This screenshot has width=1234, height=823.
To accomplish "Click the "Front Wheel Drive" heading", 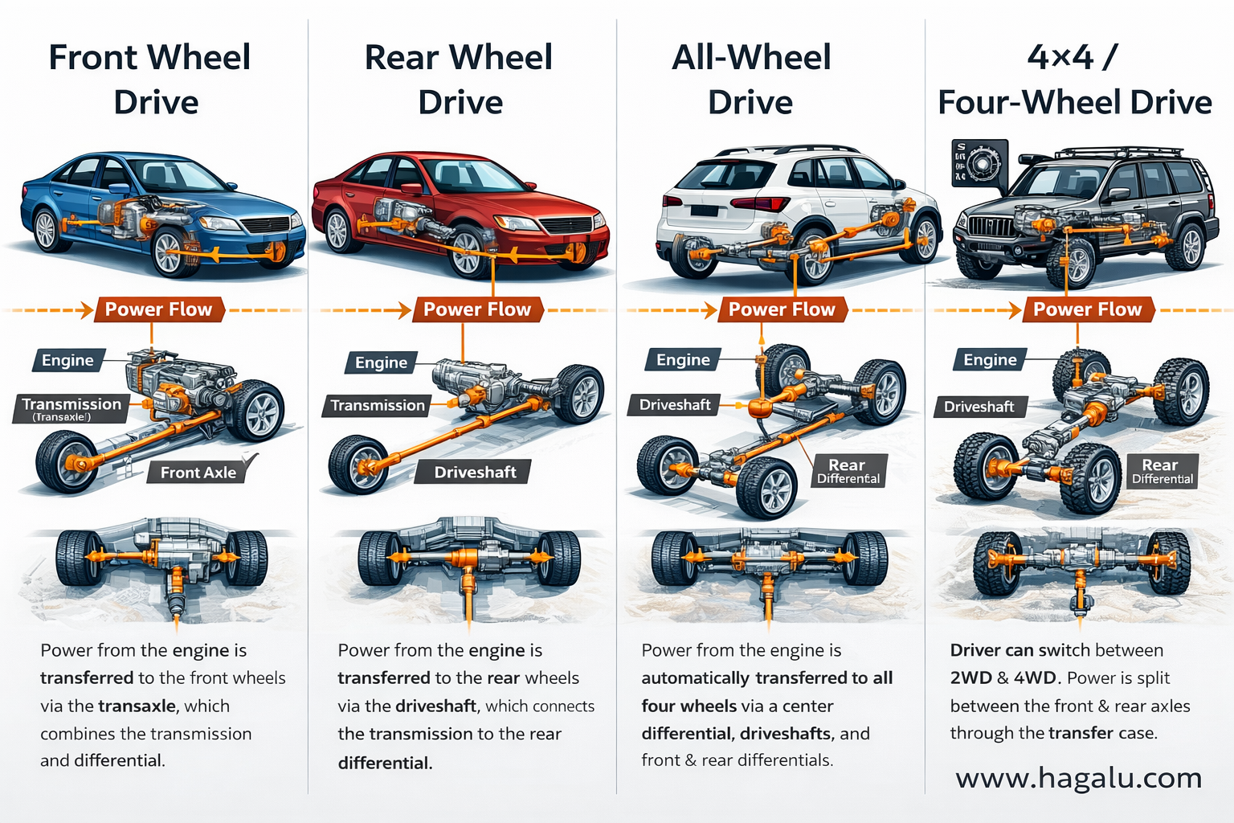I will pyautogui.click(x=150, y=80).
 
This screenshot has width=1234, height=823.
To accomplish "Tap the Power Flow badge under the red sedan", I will pyautogui.click(x=477, y=309).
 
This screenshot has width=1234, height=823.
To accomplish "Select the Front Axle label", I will pyautogui.click(x=198, y=473).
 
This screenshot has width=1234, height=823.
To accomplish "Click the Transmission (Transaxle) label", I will pyautogui.click(x=72, y=407).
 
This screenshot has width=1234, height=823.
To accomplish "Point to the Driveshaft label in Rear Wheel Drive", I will pyautogui.click(x=475, y=472).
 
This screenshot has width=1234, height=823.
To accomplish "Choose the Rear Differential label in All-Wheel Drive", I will pyautogui.click(x=848, y=471).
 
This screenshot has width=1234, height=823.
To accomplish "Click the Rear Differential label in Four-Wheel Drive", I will pyautogui.click(x=1162, y=471).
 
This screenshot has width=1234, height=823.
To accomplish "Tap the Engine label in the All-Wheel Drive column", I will pyautogui.click(x=683, y=359).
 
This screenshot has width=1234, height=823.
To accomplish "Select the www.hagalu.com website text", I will pyautogui.click(x=1078, y=778).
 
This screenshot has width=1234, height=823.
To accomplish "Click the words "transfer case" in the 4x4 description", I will pyautogui.click(x=1102, y=733).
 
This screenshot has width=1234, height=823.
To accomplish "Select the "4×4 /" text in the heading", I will pyautogui.click(x=1072, y=57).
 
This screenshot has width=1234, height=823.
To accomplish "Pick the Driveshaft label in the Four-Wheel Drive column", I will pyautogui.click(x=979, y=407).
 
